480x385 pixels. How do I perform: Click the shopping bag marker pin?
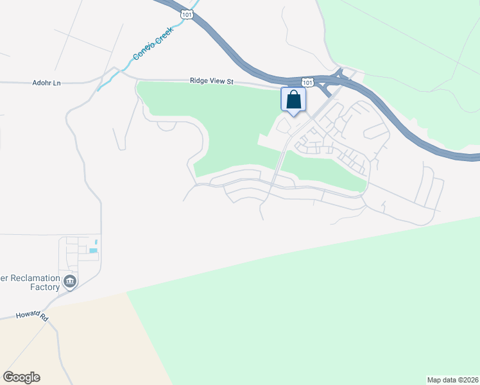pos(293,101)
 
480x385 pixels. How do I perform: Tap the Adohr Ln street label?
pos(46,83)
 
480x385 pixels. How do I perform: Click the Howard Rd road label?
pos(32,317)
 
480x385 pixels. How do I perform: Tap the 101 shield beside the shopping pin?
pos(308,82)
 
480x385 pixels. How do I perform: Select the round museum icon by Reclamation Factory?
pos(69,280)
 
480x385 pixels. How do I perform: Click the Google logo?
pos(21,377)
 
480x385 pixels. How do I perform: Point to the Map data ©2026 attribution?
pos(452,379)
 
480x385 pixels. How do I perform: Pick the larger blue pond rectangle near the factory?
pos(94,251)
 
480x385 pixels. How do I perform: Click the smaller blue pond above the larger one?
pos(96,241)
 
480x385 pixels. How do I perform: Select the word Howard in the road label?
pos(26,318)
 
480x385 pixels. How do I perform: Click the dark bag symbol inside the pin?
pos(293,99)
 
